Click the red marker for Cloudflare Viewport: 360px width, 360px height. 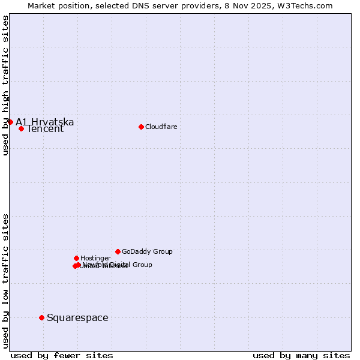click(141, 127)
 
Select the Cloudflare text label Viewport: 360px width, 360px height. click(161, 127)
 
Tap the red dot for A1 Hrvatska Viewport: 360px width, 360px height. click(10, 122)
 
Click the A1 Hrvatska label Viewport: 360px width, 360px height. click(44, 122)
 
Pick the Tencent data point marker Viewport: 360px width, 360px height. click(21, 128)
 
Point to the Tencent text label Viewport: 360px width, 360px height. click(45, 129)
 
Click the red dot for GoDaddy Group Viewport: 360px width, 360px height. click(118, 251)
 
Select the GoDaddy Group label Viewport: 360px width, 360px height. click(147, 251)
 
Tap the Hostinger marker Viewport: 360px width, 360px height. click(76, 258)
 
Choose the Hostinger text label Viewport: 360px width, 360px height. click(95, 258)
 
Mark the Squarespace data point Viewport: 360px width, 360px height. click(41, 317)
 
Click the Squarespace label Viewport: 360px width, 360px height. click(77, 318)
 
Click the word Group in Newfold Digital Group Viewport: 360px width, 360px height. click(142, 265)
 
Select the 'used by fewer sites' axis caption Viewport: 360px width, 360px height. click(62, 355)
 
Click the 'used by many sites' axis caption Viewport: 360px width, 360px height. click(301, 355)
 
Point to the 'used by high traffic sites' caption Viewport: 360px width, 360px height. click(5, 86)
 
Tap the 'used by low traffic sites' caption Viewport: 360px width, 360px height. click(5, 281)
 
